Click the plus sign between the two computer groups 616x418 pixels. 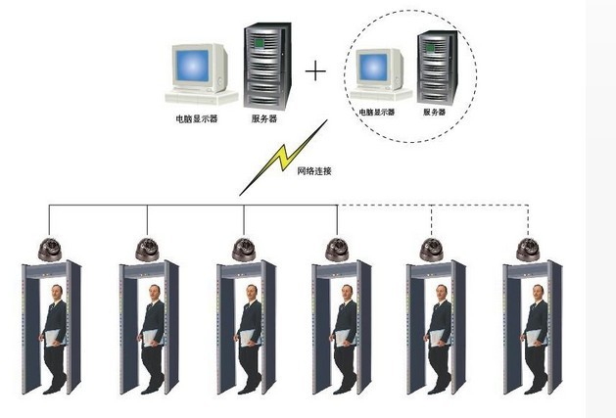pyautogui.click(x=315, y=71)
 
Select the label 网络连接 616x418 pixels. pyautogui.click(x=314, y=170)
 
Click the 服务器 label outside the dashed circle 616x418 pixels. pyautogui.click(x=264, y=117)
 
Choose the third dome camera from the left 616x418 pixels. pyautogui.click(x=244, y=249)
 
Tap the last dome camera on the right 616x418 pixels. pyautogui.click(x=529, y=249)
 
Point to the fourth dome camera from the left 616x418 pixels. pyautogui.click(x=338, y=249)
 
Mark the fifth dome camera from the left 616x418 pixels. pyautogui.click(x=432, y=249)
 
